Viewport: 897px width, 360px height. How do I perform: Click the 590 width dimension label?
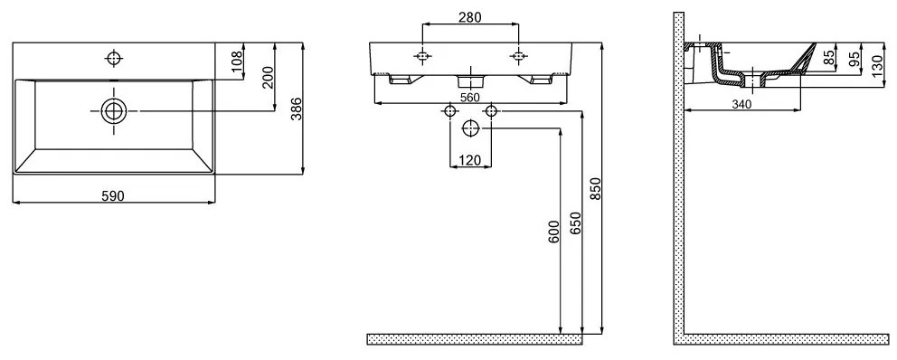click(x=113, y=195)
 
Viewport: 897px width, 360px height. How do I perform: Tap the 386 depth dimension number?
click(x=295, y=109)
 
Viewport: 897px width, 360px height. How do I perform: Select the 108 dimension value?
click(x=238, y=61)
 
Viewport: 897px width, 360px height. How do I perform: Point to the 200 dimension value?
click(x=269, y=77)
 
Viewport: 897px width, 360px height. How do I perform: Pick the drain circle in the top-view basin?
click(x=114, y=110)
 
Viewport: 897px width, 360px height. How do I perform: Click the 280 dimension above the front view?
click(x=470, y=17)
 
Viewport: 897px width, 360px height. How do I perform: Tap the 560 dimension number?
click(x=469, y=98)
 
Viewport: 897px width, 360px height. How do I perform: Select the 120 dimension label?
click(x=469, y=160)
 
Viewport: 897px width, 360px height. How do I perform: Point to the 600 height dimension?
click(x=552, y=232)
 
